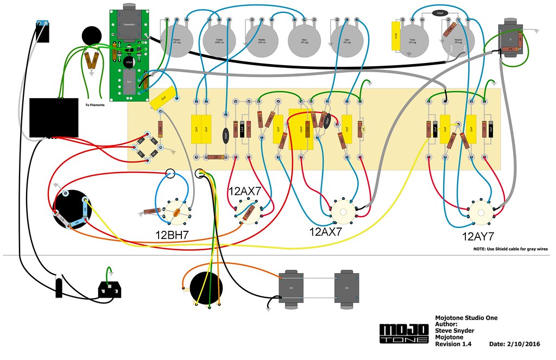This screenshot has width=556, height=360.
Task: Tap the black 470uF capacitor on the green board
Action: pyautogui.click(x=129, y=61)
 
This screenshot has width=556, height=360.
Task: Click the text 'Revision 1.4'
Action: pyautogui.click(x=453, y=344)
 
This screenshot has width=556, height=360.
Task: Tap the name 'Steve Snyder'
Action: pyautogui.click(x=454, y=331)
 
